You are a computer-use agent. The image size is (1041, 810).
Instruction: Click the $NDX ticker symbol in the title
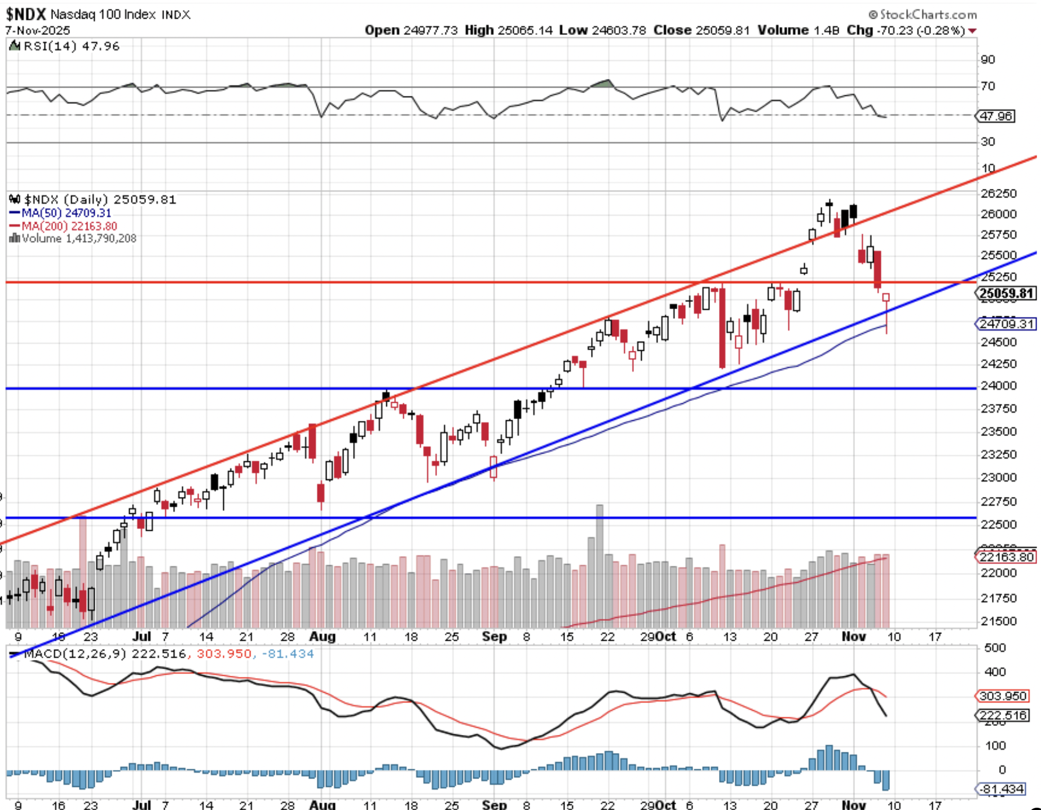point(25,14)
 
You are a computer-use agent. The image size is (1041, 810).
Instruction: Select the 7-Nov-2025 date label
point(38,30)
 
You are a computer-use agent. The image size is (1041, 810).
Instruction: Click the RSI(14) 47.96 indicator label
point(71,46)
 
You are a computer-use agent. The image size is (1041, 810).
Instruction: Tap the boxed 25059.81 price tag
point(1006,293)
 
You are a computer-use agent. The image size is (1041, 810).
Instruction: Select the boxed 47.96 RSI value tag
point(996,116)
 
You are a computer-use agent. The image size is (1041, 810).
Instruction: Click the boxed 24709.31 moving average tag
point(1006,324)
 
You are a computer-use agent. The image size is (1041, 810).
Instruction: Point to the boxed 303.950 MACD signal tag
point(1003,696)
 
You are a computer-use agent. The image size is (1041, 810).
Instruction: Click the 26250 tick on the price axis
point(998,193)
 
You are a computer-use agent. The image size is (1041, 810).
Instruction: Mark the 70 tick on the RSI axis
point(987,86)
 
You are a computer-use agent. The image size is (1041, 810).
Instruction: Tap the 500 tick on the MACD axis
point(995,648)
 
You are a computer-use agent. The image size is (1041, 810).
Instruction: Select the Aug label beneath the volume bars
point(322,637)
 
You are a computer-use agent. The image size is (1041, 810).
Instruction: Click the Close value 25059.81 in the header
point(722,30)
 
